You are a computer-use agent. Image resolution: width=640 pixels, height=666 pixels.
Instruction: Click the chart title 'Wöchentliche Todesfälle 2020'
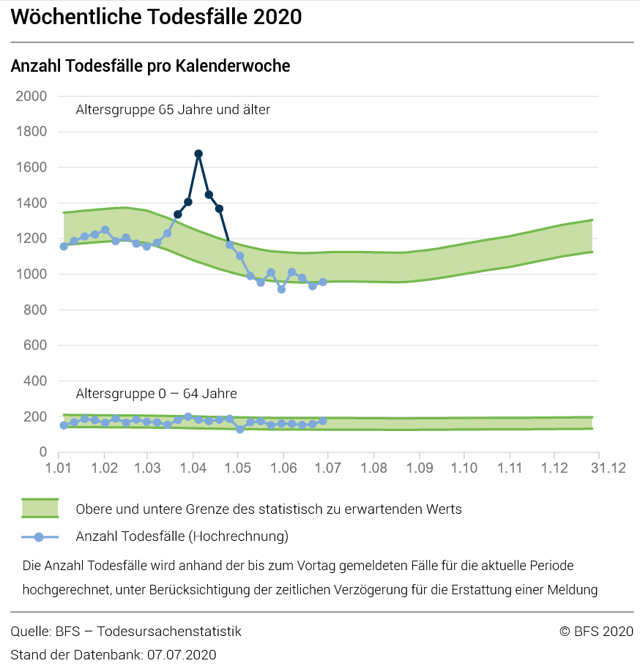click(156, 17)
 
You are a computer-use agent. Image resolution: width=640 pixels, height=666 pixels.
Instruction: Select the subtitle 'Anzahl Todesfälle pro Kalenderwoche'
click(150, 66)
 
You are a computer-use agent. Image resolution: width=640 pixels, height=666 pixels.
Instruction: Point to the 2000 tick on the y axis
click(31, 96)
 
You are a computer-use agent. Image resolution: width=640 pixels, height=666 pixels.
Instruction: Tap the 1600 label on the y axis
click(31, 167)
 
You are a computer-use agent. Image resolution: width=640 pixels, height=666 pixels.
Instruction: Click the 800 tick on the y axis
click(35, 310)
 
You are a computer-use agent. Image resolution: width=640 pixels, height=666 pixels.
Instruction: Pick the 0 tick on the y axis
click(43, 452)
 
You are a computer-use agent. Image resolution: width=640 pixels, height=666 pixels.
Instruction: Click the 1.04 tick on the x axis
click(193, 468)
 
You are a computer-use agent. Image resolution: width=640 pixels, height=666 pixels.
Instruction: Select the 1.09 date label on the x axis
click(420, 468)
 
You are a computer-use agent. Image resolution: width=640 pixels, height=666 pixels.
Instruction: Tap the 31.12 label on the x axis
click(609, 468)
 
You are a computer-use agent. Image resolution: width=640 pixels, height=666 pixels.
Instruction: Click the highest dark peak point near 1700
click(198, 154)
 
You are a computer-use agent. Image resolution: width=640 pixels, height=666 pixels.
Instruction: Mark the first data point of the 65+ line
click(64, 247)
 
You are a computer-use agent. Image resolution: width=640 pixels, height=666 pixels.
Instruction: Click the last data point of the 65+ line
click(322, 282)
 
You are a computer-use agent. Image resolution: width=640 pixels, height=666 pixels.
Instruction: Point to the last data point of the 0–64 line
click(322, 421)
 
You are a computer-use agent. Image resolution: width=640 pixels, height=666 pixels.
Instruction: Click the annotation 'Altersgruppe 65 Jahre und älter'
click(173, 110)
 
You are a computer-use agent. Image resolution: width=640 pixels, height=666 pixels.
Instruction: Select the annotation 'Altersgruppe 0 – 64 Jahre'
click(157, 394)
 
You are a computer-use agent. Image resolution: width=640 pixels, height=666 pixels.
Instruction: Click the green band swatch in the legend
click(40, 509)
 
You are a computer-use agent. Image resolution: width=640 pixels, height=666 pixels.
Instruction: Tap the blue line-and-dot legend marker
click(40, 537)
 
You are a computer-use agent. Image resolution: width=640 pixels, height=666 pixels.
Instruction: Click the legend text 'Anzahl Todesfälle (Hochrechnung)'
click(182, 536)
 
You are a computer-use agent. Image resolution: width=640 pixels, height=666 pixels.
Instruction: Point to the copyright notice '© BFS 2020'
click(596, 632)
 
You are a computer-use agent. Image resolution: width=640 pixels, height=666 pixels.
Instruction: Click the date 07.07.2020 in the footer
click(182, 655)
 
